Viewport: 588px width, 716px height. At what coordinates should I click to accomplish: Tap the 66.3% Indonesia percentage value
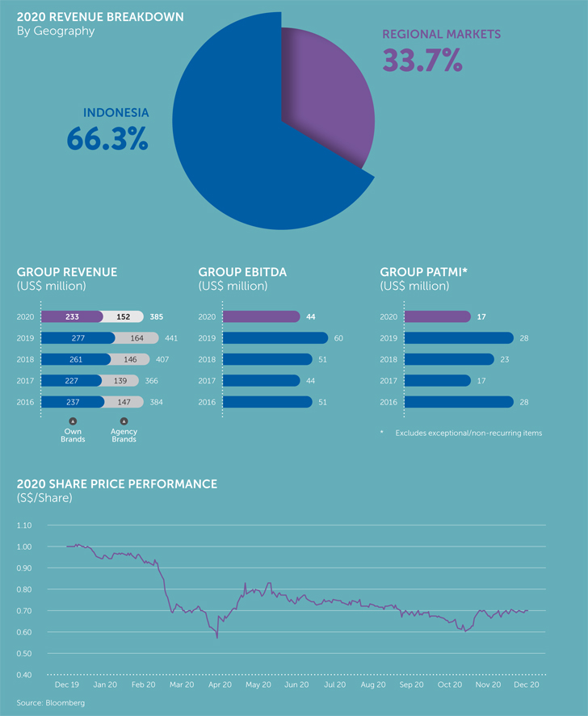point(107,138)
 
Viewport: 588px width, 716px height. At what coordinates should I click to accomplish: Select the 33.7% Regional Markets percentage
point(422,60)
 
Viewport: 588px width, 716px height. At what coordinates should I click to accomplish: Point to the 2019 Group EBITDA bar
point(275,337)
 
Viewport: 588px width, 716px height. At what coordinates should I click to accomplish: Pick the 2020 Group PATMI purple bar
point(437,316)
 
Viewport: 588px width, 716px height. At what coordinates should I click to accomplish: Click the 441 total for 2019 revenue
point(170,338)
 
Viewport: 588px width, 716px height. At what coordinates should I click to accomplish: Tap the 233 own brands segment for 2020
point(71,317)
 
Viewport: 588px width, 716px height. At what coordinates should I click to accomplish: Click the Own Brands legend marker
point(72,421)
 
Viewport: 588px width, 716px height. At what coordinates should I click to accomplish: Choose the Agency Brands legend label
point(124,436)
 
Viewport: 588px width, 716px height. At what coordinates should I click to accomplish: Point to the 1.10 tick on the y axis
point(23,525)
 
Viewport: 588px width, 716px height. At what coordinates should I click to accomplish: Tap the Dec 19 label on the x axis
point(66,684)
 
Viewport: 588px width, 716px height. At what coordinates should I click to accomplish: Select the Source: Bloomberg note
point(50,703)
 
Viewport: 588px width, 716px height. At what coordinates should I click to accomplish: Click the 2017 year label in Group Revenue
point(25,380)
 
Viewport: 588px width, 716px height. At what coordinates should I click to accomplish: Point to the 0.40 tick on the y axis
point(23,675)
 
